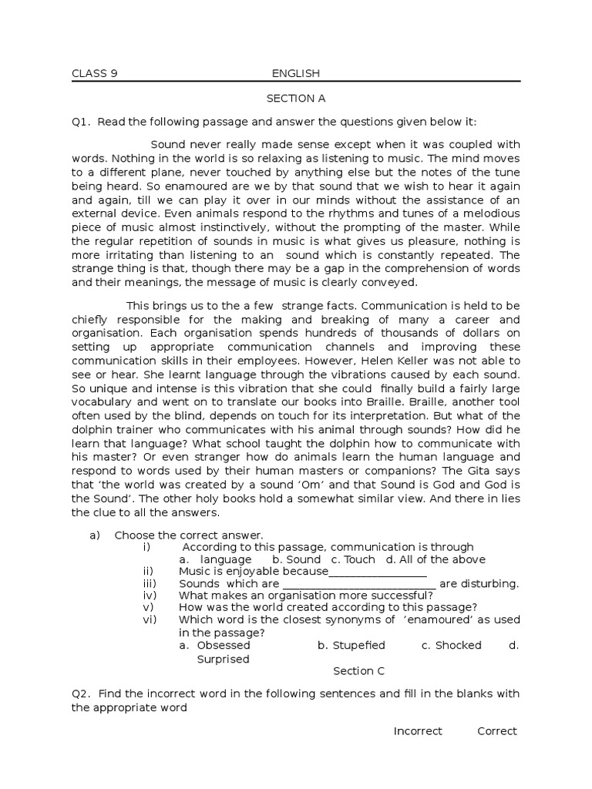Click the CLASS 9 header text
click(x=94, y=74)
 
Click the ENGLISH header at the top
click(x=295, y=74)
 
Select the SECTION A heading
click(x=296, y=99)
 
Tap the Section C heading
click(x=358, y=671)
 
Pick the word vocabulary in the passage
click(x=104, y=402)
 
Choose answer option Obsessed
click(x=224, y=646)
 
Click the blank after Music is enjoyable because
click(x=378, y=572)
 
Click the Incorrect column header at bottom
click(x=418, y=731)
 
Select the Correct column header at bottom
click(x=496, y=731)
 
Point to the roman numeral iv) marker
click(x=150, y=596)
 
